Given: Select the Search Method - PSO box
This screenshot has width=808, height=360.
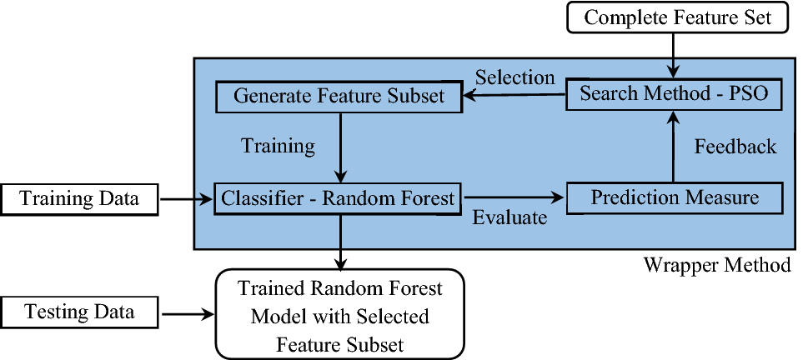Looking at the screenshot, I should pyautogui.click(x=675, y=94).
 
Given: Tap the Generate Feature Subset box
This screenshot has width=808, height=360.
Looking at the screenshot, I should pyautogui.click(x=339, y=96).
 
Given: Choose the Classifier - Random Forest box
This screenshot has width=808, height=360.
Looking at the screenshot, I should pyautogui.click(x=339, y=198).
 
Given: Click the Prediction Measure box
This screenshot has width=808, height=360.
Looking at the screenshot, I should pyautogui.click(x=675, y=198).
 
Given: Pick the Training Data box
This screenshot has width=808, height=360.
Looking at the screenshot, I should pyautogui.click(x=79, y=199).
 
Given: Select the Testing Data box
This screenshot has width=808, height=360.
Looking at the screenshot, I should pyautogui.click(x=79, y=313).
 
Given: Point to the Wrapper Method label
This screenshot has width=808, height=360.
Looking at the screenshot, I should pyautogui.click(x=716, y=266).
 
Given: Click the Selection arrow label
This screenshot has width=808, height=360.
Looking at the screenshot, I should pyautogui.click(x=514, y=77).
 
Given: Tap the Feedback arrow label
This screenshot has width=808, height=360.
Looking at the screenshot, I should pyautogui.click(x=735, y=147).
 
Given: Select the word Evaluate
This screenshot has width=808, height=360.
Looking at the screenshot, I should pyautogui.click(x=509, y=218).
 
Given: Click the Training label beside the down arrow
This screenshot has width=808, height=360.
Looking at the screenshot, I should pyautogui.click(x=278, y=147).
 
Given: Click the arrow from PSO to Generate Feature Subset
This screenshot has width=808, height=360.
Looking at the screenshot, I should pyautogui.click(x=514, y=96).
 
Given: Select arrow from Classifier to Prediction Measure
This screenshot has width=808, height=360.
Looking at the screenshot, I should pyautogui.click(x=513, y=198).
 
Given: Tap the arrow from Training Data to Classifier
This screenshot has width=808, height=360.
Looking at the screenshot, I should pyautogui.click(x=184, y=199).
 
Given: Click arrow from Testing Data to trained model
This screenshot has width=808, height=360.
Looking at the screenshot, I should pyautogui.click(x=187, y=314).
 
